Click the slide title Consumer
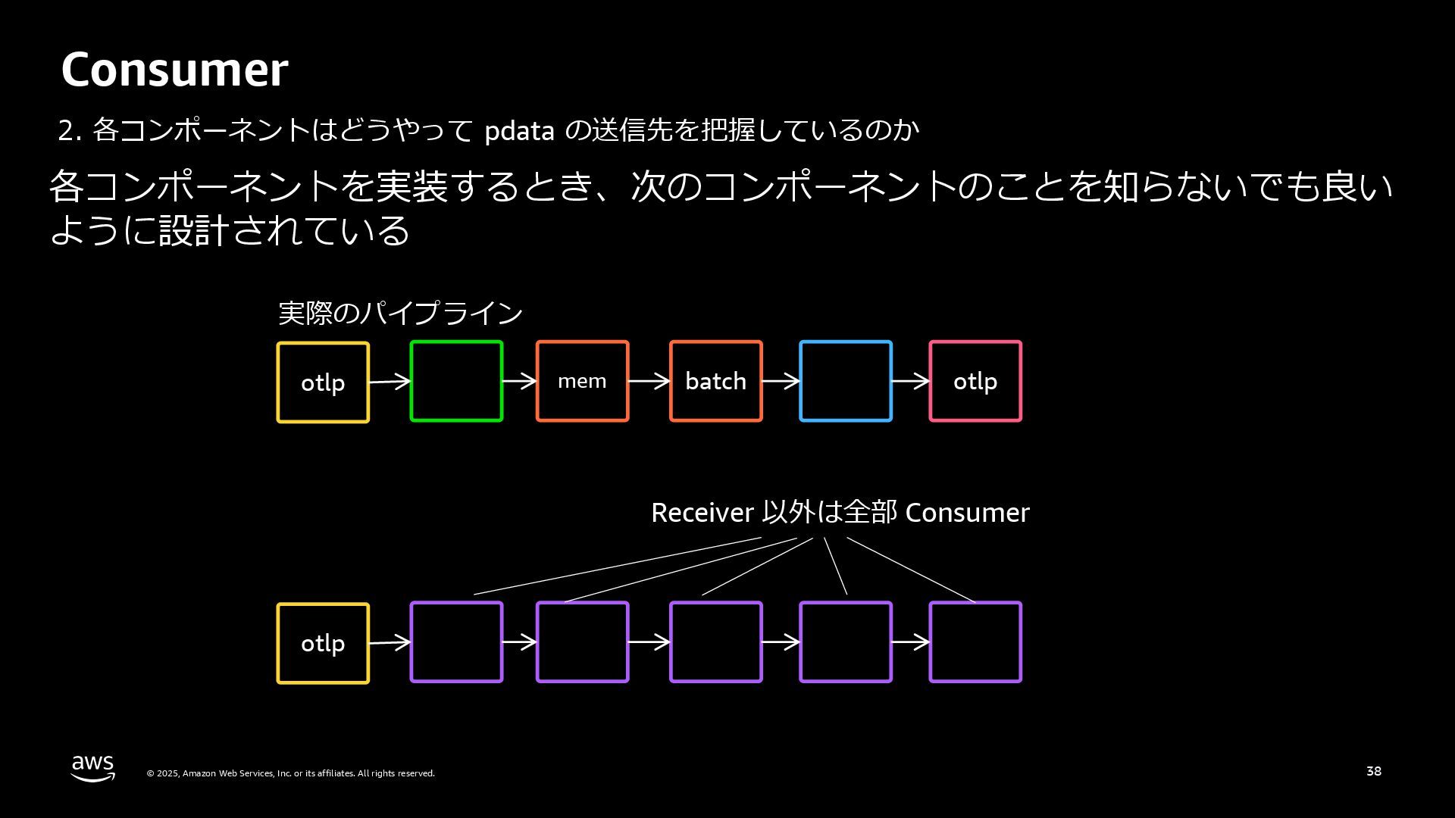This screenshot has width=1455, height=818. pos(174,70)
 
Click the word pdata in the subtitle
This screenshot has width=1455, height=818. pos(519,131)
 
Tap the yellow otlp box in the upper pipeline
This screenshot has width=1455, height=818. pos(323,382)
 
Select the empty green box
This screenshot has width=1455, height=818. pos(456,381)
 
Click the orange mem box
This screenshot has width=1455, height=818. pos(582,381)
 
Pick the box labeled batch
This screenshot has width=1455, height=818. pos(715,381)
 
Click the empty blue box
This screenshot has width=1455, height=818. pos(846,381)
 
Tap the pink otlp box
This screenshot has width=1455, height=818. pos(975,381)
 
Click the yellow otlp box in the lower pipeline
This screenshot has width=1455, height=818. pos(323,643)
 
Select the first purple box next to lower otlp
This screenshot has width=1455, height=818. pos(456,642)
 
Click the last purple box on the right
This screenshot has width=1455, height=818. pos(975,642)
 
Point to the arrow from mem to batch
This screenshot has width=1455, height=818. pos(649,381)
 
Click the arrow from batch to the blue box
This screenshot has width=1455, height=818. pos(781,381)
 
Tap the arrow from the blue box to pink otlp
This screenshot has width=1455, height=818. pos(911,381)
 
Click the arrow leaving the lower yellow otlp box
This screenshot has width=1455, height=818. pos(390,643)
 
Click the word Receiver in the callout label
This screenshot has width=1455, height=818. pos(702,513)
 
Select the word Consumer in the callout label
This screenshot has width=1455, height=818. pos(967,513)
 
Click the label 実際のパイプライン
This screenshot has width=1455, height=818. pos(400,313)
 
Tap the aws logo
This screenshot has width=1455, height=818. pos(93,767)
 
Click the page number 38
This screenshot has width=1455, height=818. pos(1374,771)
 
